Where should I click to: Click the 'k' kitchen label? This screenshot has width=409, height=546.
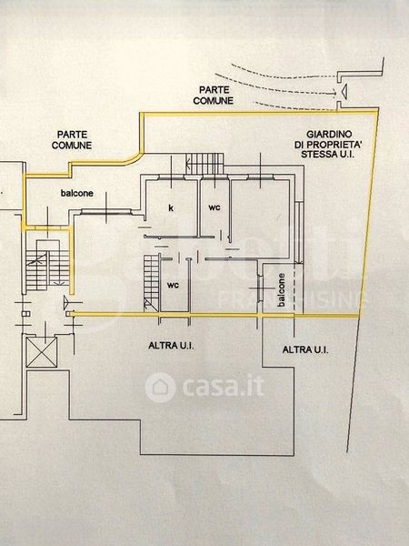[x=171, y=207]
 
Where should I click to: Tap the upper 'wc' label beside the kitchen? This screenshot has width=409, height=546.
[x=214, y=207]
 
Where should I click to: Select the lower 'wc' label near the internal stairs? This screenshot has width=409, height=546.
[x=173, y=285]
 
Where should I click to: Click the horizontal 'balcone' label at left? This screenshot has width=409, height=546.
[x=77, y=193]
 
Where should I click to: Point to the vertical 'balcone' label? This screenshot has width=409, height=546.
[x=282, y=289]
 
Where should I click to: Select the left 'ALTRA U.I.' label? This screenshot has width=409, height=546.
[x=171, y=346]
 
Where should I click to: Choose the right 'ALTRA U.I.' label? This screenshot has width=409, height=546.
[x=305, y=350]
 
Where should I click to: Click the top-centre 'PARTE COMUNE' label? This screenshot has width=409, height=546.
[x=214, y=96]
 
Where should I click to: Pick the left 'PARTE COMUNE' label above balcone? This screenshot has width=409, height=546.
[x=72, y=139]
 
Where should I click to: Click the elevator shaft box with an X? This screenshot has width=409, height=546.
[x=42, y=352]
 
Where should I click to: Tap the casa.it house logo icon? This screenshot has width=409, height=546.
[x=160, y=388]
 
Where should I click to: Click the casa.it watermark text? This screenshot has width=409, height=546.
[x=223, y=388]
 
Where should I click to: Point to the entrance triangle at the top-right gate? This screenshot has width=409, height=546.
[x=344, y=92]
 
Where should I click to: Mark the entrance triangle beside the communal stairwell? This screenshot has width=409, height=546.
[x=66, y=302]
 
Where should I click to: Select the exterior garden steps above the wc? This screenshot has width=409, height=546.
[x=204, y=164]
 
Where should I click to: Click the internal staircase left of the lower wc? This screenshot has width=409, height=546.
[x=152, y=283]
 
